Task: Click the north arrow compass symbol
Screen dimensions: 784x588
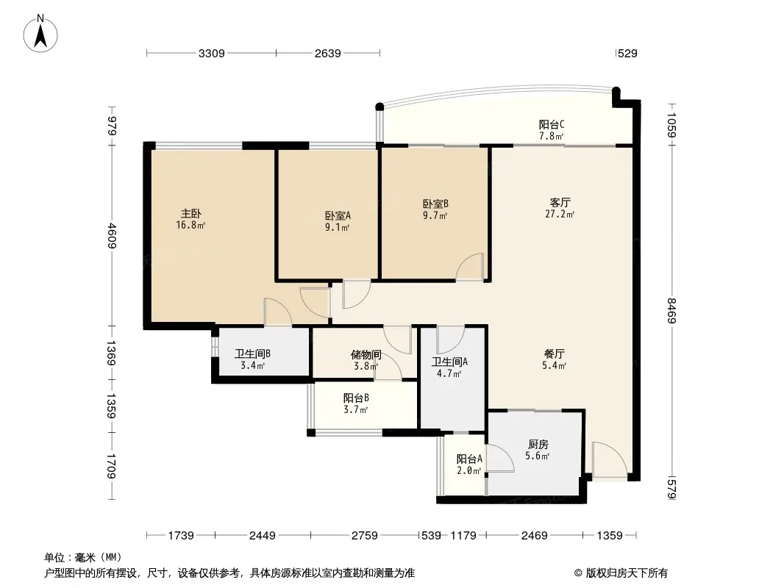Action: click(40, 34)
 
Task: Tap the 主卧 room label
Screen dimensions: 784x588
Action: click(191, 214)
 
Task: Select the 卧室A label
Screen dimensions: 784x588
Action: click(338, 216)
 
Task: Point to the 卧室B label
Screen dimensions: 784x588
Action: click(435, 204)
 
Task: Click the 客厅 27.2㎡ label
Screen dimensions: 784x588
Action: click(560, 208)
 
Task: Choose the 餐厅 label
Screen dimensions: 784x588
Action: click(554, 354)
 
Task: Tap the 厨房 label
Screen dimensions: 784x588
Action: click(538, 444)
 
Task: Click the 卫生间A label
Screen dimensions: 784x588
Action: click(449, 362)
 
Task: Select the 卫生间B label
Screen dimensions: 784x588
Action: click(252, 354)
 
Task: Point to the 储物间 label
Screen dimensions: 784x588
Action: click(366, 354)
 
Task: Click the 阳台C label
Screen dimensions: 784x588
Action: click(552, 124)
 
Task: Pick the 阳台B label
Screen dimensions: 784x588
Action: click(356, 398)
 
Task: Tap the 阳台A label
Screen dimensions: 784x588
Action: click(469, 459)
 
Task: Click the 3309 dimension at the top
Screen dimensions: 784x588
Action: click(212, 54)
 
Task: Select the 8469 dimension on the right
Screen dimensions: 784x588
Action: click(671, 310)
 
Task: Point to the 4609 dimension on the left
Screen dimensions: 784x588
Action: click(112, 235)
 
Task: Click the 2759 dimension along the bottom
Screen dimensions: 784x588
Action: click(365, 536)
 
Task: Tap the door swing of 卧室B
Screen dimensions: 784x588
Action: click(469, 267)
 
